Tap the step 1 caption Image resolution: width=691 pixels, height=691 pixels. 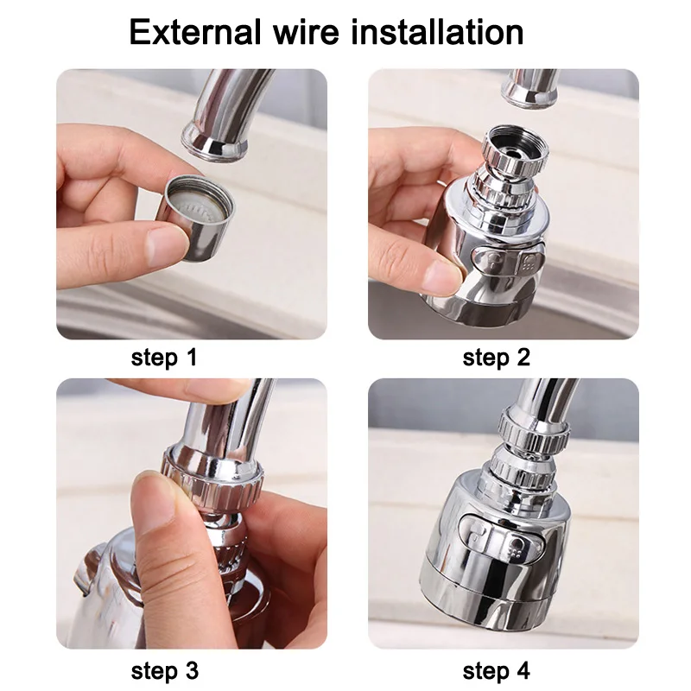tap(164, 358)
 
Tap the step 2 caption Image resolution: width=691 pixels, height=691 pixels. tap(497, 358)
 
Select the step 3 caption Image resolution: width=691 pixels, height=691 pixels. tap(164, 670)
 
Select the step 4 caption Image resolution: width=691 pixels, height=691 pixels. tap(497, 670)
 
